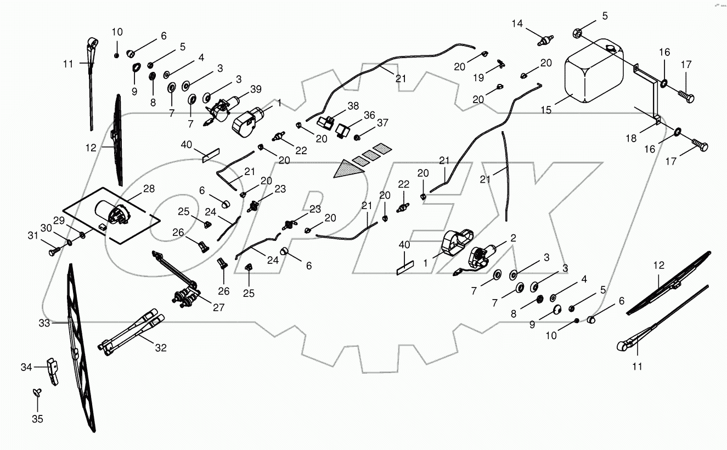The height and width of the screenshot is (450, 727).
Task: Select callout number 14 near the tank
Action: (x=518, y=24)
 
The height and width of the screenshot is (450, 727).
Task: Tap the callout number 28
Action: (x=149, y=189)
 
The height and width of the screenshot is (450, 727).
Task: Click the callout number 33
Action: (x=44, y=324)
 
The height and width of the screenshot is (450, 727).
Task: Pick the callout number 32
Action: (x=161, y=347)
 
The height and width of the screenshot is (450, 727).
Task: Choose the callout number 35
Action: (x=37, y=419)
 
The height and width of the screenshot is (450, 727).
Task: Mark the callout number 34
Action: (x=26, y=367)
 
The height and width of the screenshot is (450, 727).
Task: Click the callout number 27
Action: (x=219, y=308)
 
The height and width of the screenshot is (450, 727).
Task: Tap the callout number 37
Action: (x=382, y=122)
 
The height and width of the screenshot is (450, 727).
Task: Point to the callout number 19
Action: (x=479, y=78)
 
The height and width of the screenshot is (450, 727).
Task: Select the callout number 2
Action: (x=513, y=238)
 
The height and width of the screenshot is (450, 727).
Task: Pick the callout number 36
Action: (x=369, y=115)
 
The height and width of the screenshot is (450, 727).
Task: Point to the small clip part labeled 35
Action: (x=36, y=392)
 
